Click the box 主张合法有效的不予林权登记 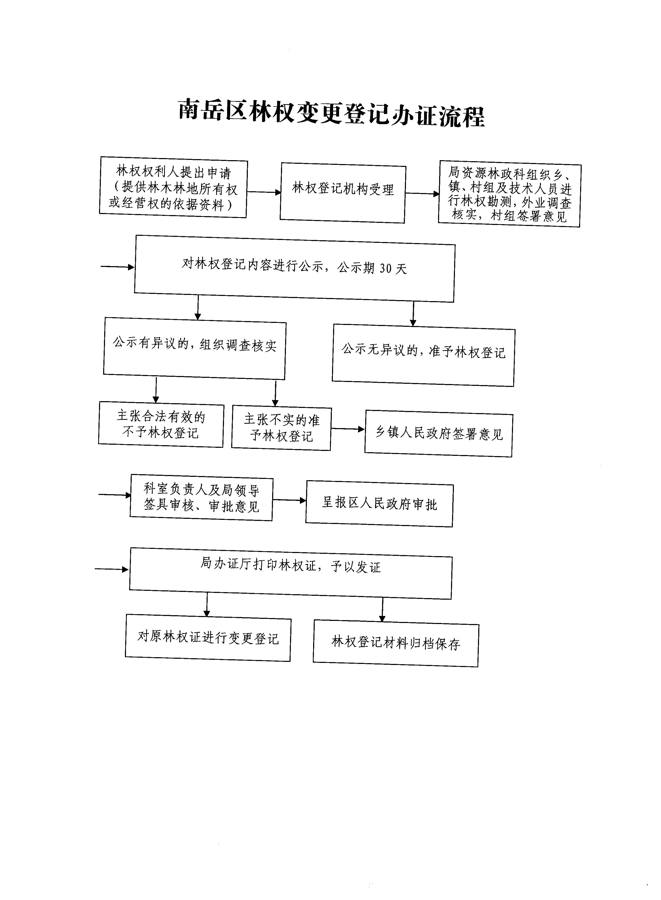pos(161,424)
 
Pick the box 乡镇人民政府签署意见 pos(439,433)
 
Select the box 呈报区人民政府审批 pos(379,504)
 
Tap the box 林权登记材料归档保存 pos(396,643)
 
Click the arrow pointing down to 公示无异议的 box pos(413,314)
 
